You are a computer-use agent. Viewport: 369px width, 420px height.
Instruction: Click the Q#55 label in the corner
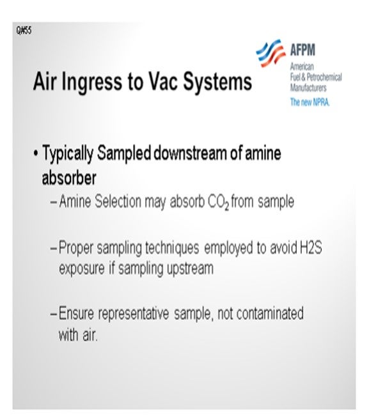pos(24,31)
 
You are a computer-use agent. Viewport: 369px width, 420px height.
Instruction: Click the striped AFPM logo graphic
pos(271,53)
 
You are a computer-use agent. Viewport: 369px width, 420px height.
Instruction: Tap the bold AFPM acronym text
pos(303,50)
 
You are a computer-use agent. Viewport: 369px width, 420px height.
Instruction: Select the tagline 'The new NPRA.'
pos(310,102)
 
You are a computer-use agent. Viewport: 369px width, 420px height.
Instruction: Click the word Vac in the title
pos(163,81)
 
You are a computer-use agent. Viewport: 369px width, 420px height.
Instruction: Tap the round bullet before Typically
pos(36,154)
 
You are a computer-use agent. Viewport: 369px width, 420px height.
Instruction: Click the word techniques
pos(172,248)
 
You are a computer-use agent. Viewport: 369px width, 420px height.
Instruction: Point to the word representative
pos(134,314)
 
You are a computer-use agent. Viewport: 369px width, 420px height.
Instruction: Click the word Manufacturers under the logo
pos(308,88)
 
